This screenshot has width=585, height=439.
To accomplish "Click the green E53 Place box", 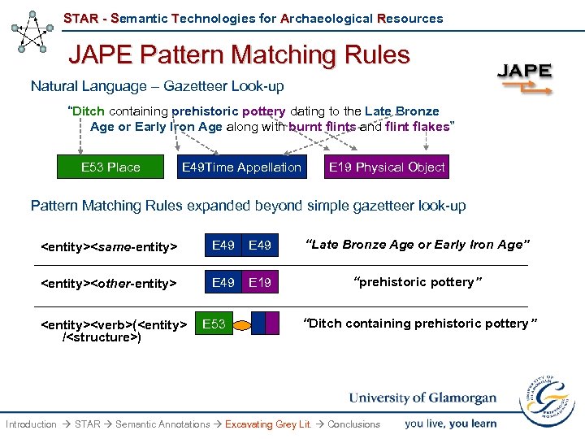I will tap(110, 167).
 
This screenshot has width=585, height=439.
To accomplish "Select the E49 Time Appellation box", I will tap(241, 167).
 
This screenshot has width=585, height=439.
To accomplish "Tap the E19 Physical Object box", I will tap(386, 167).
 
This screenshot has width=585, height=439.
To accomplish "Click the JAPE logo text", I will tap(524, 70).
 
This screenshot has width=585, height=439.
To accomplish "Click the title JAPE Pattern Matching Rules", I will tap(239, 54).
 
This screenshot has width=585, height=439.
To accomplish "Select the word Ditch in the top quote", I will tap(89, 111).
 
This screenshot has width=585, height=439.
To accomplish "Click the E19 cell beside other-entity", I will tap(260, 282).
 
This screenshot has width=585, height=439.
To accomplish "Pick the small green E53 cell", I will tap(214, 324).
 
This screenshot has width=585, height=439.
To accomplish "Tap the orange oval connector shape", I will tap(242, 325).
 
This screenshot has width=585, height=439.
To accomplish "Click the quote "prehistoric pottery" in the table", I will tap(418, 282).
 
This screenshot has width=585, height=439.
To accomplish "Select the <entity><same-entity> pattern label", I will tap(109, 246).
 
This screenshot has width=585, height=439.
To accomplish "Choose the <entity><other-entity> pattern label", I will tap(109, 283).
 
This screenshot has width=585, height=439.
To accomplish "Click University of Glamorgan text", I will tap(422, 398).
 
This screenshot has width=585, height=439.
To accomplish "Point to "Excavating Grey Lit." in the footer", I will tap(268, 424).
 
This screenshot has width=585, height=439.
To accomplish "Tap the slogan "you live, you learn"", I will tap(450, 424).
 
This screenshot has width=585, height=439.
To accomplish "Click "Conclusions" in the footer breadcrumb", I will tap(353, 424).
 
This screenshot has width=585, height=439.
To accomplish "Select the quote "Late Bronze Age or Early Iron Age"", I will tap(418, 245).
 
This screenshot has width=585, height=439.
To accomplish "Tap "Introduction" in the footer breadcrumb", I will tap(31, 424).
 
